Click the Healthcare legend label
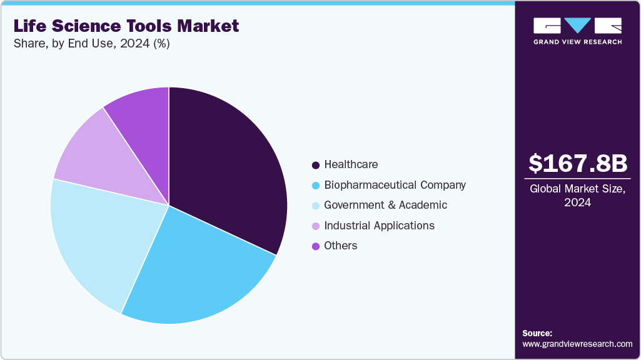pos(351,164)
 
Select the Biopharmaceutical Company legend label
pos(395,185)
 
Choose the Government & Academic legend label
pos(385,205)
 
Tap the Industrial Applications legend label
pos(379,226)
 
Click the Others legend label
pos(341,246)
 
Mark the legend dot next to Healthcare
pos(316,165)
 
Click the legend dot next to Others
pos(316,246)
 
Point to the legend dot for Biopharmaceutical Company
pos(316,186)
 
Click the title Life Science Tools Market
pos(125,26)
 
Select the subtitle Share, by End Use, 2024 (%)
pos(91,44)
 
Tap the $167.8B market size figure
pos(577,163)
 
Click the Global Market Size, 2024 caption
pos(577,196)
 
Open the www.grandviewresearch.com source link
pos(577,344)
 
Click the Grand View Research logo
pos(577,31)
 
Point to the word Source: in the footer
pos(537,333)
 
